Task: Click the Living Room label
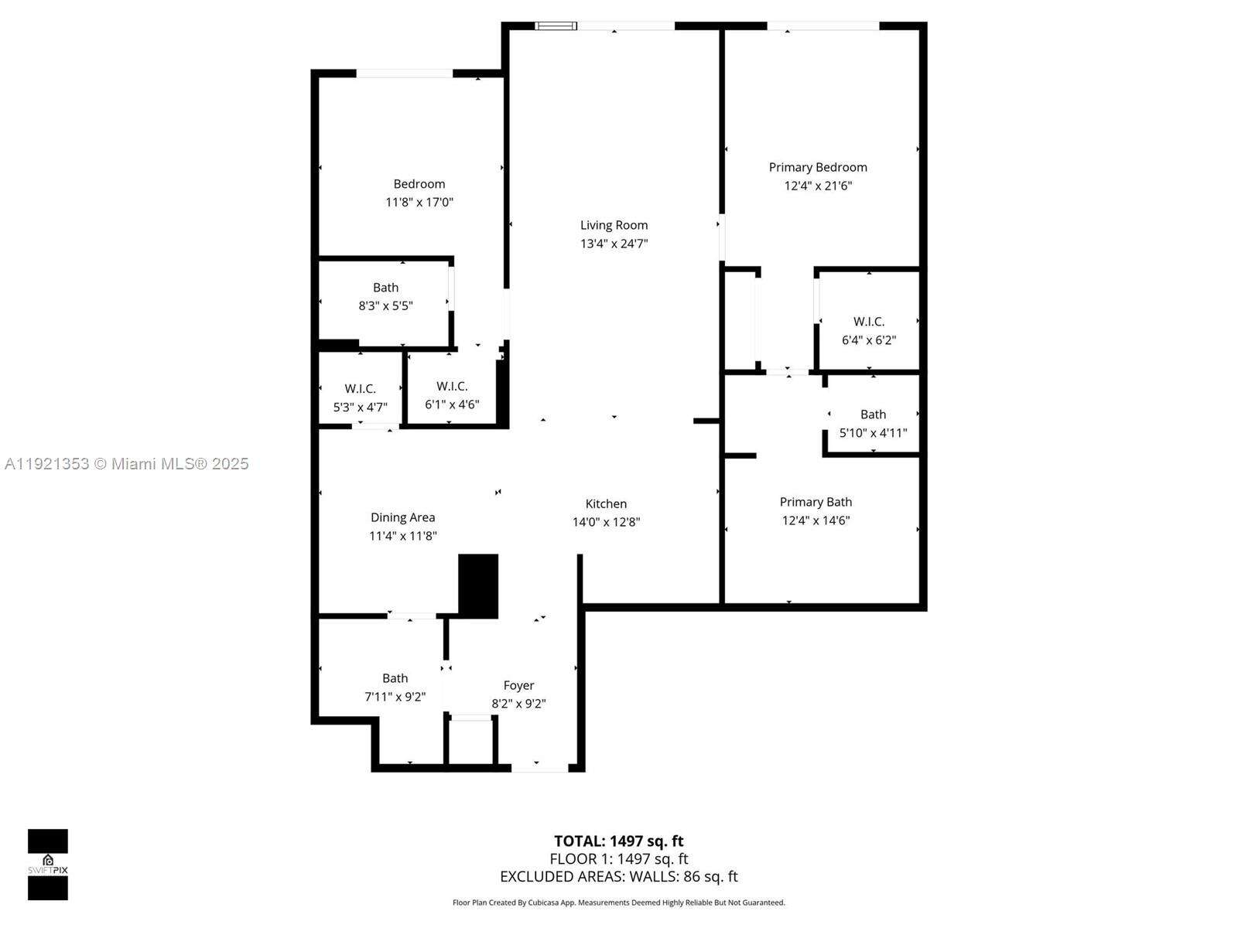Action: [x=614, y=225]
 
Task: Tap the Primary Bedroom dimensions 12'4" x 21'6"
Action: [x=818, y=186]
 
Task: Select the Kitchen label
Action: [x=606, y=503]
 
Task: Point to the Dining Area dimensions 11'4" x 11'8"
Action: [x=403, y=536]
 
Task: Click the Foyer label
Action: [x=518, y=685]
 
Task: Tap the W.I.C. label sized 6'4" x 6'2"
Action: [x=869, y=321]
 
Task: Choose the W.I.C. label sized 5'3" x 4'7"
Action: [x=360, y=388]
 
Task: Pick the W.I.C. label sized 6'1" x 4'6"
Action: [x=452, y=386]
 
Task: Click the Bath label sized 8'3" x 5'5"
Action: [x=385, y=288]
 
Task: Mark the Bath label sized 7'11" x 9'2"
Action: [x=395, y=678]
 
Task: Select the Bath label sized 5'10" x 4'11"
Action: [x=873, y=415]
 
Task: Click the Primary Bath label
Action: [x=816, y=502]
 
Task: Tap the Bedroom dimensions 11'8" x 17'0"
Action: [x=419, y=203]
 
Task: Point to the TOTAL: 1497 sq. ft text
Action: [x=618, y=841]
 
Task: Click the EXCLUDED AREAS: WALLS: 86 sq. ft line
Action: [x=618, y=876]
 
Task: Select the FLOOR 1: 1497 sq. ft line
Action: [x=618, y=858]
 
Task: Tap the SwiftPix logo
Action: [x=48, y=864]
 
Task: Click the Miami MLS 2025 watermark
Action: [x=126, y=464]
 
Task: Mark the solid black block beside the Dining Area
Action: [x=478, y=585]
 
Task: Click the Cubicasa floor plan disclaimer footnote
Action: [x=618, y=902]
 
